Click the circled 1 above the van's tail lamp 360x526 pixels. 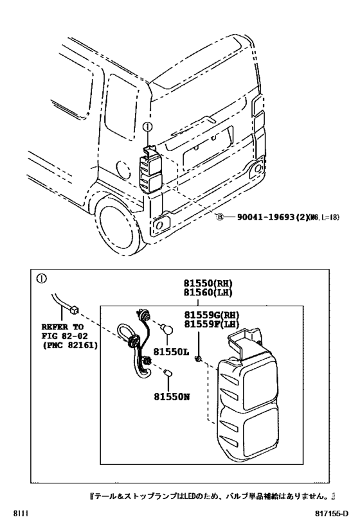[x=146, y=128]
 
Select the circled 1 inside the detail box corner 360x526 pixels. [x=41, y=279]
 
